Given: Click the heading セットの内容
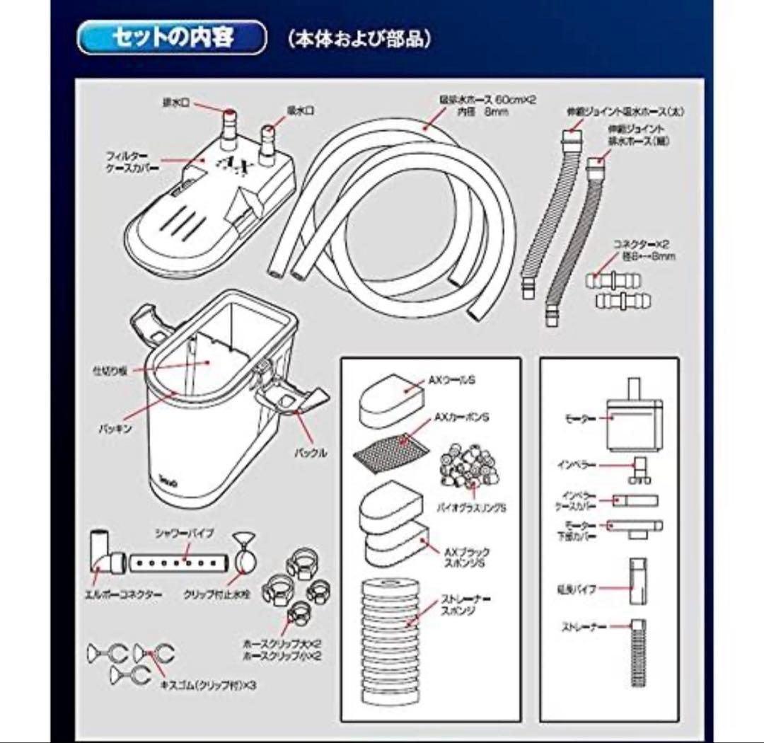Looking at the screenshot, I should pyautogui.click(x=173, y=38).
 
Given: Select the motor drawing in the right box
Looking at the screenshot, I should pyautogui.click(x=634, y=417).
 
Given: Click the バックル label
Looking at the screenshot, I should pyautogui.click(x=311, y=453).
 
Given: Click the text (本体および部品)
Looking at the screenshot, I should pyautogui.click(x=359, y=40).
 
